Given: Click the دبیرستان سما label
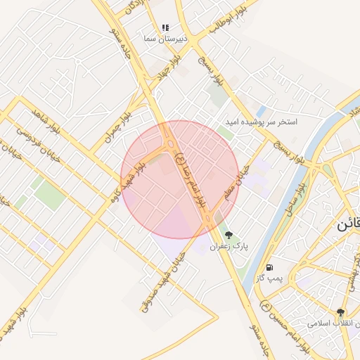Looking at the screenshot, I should [x=165, y=39].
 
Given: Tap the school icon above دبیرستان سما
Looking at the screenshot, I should [x=165, y=27].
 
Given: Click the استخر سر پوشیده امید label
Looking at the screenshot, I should [x=261, y=122].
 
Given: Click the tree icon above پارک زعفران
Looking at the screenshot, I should [x=228, y=234].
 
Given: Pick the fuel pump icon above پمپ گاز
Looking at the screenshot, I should [x=271, y=267].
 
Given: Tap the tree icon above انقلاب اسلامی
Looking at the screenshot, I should [x=341, y=312].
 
